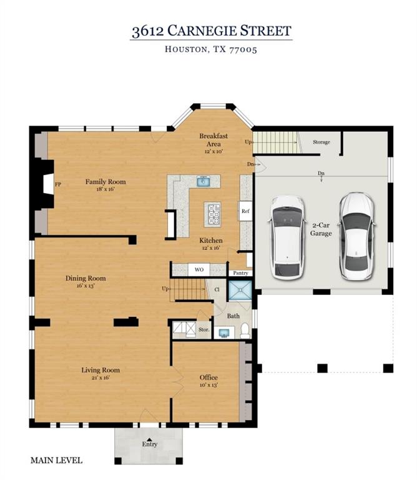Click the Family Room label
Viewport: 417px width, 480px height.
(105, 182)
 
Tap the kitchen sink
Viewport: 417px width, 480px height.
(203, 181)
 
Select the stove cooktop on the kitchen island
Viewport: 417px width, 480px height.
(213, 214)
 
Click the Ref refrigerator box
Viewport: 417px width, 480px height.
(245, 211)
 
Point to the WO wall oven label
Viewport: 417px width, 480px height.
(199, 270)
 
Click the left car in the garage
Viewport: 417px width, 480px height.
(287, 237)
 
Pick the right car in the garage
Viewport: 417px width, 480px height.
(356, 236)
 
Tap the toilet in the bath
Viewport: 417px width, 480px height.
(245, 331)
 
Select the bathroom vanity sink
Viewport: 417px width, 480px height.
(224, 333)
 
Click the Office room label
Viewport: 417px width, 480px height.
(208, 377)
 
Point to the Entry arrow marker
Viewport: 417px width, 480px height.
(149, 439)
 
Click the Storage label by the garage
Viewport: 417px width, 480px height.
(321, 142)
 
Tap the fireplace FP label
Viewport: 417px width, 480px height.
(58, 184)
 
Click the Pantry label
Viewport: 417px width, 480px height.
(240, 273)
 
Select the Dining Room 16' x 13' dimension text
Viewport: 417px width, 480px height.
(86, 286)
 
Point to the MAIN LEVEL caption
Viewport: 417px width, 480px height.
(57, 461)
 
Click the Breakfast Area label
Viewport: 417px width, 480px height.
(213, 140)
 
